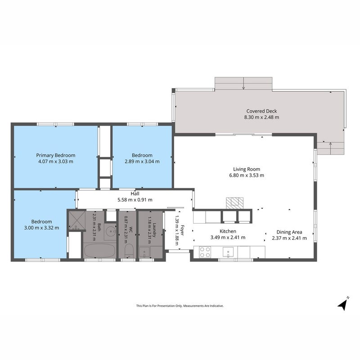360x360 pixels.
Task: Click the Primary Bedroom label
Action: (x=56, y=155)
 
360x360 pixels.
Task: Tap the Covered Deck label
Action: (x=261, y=111)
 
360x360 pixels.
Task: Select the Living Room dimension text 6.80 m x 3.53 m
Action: (x=247, y=175)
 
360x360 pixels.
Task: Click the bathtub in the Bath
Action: (x=99, y=251)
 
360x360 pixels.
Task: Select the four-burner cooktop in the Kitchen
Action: (x=205, y=252)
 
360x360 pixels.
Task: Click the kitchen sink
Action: (x=228, y=252)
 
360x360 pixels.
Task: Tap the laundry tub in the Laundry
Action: (x=144, y=252)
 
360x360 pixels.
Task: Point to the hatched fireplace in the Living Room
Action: (x=234, y=203)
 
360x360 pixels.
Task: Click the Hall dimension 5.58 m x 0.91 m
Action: (x=135, y=200)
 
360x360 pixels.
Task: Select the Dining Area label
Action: (x=289, y=232)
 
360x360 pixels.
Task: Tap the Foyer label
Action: (x=182, y=230)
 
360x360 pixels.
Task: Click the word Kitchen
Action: (x=228, y=231)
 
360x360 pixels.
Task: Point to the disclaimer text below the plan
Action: (x=180, y=306)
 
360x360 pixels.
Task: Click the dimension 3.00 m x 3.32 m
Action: (x=41, y=228)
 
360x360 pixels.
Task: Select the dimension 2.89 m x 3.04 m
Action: (x=142, y=162)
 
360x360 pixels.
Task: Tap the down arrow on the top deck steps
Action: (x=243, y=83)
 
